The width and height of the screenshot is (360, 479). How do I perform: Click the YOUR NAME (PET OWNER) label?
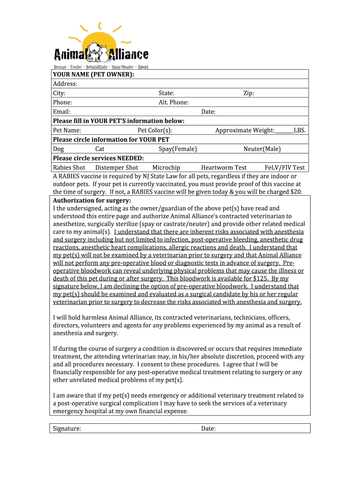(x=94, y=74)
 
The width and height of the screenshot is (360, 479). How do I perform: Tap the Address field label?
(x=65, y=84)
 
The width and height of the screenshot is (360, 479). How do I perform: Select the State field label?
(x=166, y=93)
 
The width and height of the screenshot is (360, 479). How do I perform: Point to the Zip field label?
(x=249, y=93)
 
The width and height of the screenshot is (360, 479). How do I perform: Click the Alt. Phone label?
(x=173, y=102)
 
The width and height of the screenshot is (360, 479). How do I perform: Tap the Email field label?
(x=62, y=112)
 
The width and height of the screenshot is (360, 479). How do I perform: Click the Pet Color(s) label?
(x=155, y=130)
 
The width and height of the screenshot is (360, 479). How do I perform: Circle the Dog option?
(x=58, y=149)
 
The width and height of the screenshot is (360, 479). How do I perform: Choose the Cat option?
(x=100, y=149)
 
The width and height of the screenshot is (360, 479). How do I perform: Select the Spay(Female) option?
(x=178, y=149)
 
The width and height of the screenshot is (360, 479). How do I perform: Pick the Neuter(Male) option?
(x=262, y=149)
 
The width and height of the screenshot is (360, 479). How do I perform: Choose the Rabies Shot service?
(x=69, y=167)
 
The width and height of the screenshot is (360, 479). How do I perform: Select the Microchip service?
(x=166, y=167)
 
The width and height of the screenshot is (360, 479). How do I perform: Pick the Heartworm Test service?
(x=223, y=167)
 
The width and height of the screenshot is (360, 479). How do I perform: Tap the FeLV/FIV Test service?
(x=284, y=167)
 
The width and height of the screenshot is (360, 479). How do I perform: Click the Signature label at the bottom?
(x=67, y=428)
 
